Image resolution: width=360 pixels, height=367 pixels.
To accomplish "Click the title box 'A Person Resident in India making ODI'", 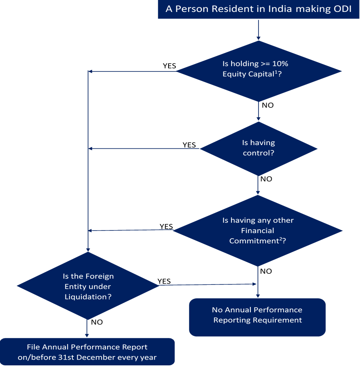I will [259, 9].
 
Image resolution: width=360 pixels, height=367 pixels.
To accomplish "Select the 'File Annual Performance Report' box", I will [87, 351].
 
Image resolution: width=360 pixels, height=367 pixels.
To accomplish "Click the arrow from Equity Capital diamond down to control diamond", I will [259, 111].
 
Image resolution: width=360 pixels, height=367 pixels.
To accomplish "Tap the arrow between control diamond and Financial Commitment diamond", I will [258, 185].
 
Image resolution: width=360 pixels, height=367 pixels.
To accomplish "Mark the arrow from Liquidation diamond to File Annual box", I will [87, 329].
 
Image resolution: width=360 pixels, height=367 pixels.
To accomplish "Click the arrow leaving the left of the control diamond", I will [143, 148].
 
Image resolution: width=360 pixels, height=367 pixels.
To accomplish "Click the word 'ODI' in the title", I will [343, 9].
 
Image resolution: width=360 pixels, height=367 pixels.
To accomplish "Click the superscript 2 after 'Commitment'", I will [281, 239].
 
